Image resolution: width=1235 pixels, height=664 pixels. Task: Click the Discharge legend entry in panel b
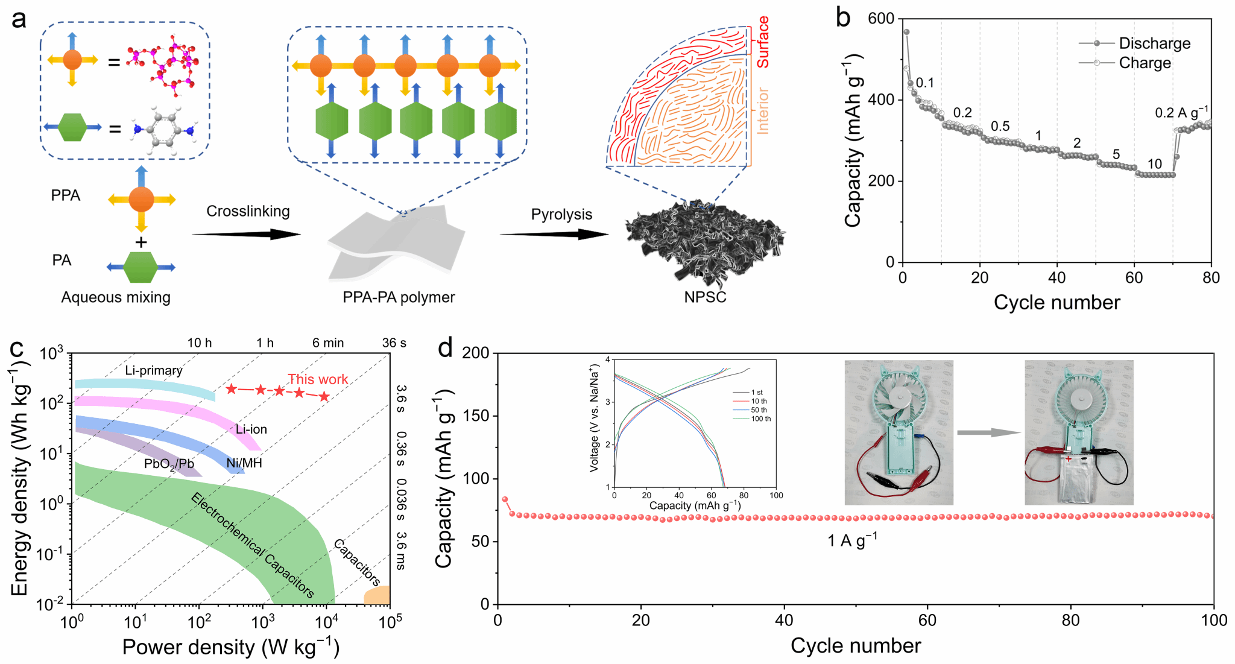tap(1154, 43)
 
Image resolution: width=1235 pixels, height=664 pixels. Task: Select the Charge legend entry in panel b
tap(1145, 63)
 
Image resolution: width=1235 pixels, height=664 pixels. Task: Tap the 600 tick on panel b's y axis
tap(881, 19)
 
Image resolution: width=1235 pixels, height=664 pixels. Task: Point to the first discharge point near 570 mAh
tap(906, 32)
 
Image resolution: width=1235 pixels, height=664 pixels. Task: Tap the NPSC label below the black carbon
tap(705, 297)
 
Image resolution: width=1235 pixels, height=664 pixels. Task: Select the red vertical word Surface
tap(763, 42)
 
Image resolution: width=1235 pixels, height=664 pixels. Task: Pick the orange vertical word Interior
tap(763, 110)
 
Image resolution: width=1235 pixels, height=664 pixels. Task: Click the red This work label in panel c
tap(318, 379)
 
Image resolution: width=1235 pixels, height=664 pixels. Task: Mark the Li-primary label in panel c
tap(154, 370)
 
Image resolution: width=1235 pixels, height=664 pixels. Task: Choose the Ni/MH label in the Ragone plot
tap(244, 463)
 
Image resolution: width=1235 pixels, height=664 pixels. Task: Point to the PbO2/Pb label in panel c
tap(169, 464)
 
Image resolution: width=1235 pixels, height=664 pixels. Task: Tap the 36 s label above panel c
tap(394, 343)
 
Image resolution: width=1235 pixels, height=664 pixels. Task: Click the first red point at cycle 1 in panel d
tap(505, 499)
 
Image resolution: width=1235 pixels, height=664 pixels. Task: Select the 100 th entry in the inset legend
tap(760, 419)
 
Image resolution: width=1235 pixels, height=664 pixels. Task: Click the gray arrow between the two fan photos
tap(988, 432)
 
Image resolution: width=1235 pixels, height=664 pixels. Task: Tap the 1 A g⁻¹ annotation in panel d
tap(852, 540)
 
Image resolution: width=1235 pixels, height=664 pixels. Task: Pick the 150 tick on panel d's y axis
tap(476, 416)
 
